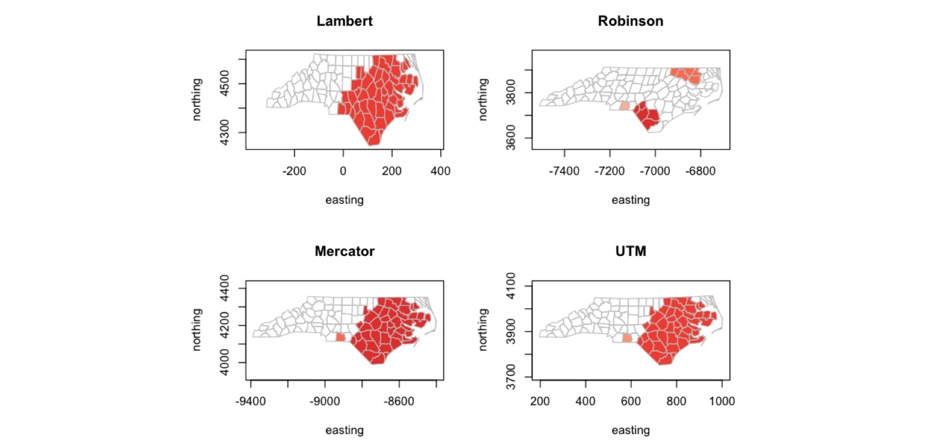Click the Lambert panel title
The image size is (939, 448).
pos(345,21)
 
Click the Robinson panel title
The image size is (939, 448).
pos(631,21)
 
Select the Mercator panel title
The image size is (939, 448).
pos(345,252)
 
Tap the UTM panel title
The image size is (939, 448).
pos(631,252)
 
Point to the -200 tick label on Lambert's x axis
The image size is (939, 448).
pos(294,170)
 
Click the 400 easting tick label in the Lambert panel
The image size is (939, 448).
pos(441,170)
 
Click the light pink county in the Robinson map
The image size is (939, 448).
pos(625,106)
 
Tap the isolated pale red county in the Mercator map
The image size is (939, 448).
pos(340,337)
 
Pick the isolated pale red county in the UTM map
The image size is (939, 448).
pos(627,338)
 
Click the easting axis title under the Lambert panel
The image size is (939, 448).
pos(345,200)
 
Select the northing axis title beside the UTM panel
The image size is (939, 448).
pos(483,331)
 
